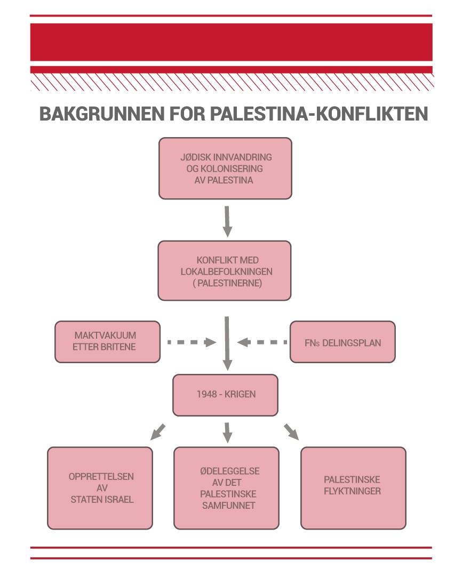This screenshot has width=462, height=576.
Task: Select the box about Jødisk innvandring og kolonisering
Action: click(x=225, y=169)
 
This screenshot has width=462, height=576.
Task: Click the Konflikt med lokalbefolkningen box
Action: click(x=225, y=270)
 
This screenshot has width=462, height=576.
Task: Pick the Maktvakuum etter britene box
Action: click(x=107, y=342)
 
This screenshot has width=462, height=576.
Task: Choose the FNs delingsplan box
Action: click(x=342, y=342)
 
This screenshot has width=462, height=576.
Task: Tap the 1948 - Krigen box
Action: click(x=225, y=395)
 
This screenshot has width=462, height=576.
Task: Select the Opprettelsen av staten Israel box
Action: click(x=100, y=488)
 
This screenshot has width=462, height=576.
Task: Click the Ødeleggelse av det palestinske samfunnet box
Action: click(x=226, y=488)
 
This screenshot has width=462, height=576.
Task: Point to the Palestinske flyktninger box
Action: click(x=353, y=488)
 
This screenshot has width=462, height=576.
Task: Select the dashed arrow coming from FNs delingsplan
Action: click(x=262, y=342)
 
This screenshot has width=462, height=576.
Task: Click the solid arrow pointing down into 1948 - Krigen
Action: click(x=227, y=344)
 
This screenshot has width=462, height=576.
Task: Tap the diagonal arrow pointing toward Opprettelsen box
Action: click(x=158, y=431)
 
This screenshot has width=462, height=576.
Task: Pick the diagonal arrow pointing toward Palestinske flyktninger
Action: click(x=291, y=431)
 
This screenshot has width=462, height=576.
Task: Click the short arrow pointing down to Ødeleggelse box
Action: click(x=228, y=432)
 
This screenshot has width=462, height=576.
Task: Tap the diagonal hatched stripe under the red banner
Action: click(x=231, y=82)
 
